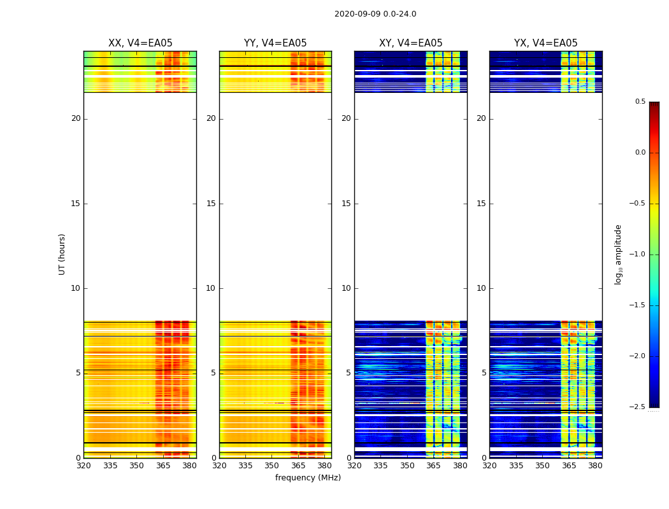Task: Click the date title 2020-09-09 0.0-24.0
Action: tap(375, 14)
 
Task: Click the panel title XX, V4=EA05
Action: tap(140, 43)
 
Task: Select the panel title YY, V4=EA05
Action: tap(275, 43)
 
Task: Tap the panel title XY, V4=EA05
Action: tap(410, 43)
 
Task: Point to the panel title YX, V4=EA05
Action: tap(545, 43)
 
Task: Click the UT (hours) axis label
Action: tap(62, 254)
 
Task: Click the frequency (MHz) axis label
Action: tap(308, 478)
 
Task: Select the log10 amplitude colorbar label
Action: tap(618, 254)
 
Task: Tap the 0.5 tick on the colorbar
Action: tap(640, 102)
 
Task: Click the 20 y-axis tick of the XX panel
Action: tap(76, 118)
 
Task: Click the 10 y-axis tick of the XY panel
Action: tap(346, 288)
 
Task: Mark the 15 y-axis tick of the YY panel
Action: tap(211, 204)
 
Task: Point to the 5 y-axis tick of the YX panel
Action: tap(484, 373)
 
